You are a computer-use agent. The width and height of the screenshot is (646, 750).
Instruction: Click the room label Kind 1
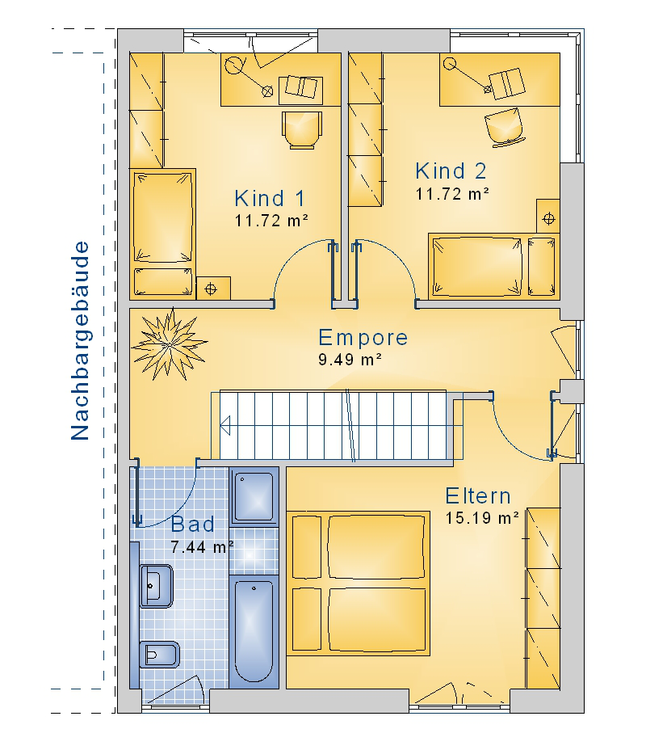pyautogui.click(x=270, y=199)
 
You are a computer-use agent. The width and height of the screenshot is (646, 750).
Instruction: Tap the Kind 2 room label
pyautogui.click(x=451, y=171)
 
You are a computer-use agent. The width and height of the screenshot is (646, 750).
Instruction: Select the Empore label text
pyautogui.click(x=363, y=338)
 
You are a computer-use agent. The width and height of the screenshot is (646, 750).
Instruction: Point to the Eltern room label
pyautogui.click(x=478, y=496)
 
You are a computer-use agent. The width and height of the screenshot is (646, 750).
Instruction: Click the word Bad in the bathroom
pyautogui.click(x=193, y=525)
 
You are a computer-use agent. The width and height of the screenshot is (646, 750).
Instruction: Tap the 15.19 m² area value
pyautogui.click(x=482, y=518)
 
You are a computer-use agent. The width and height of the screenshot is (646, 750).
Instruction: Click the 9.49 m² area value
pyautogui.click(x=350, y=359)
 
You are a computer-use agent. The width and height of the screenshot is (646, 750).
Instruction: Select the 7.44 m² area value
pyautogui.click(x=202, y=546)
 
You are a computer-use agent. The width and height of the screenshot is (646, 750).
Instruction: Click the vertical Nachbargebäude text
pyautogui.click(x=80, y=340)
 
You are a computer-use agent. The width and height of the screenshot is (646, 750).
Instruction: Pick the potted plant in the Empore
pyautogui.click(x=169, y=344)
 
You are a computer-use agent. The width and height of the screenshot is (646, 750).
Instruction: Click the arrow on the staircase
pyautogui.click(x=225, y=426)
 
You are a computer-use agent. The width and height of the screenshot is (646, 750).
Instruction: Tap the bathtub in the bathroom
pyautogui.click(x=254, y=631)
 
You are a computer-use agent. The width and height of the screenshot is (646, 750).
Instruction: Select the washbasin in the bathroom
pyautogui.click(x=156, y=586)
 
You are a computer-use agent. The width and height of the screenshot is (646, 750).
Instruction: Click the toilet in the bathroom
pyautogui.click(x=159, y=655)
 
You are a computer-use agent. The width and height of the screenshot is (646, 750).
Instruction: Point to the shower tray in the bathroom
pyautogui.click(x=254, y=497)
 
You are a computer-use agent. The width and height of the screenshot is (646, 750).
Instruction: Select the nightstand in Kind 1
pyautogui.click(x=213, y=288)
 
